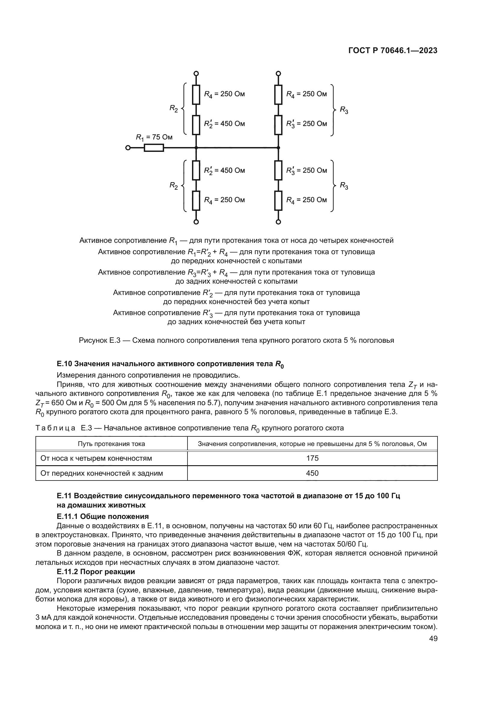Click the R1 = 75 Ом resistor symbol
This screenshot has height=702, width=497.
tap(154, 148)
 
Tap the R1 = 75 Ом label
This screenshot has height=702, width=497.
tap(154, 137)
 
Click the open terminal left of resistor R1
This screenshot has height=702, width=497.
tap(128, 148)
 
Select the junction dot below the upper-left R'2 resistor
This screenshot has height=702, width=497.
tap(196, 148)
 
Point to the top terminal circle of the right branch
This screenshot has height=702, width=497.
tap(278, 73)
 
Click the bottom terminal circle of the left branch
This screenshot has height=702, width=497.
tap(196, 222)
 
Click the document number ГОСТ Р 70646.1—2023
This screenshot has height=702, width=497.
tap(393, 51)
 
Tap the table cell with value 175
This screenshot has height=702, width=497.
tap(312, 458)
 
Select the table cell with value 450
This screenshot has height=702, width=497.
tap(312, 473)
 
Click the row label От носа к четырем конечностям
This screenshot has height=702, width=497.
tap(96, 458)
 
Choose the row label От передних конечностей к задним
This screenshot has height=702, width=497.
tap(102, 473)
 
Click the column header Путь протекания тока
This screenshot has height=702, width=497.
tap(111, 444)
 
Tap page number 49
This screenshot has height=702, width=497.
tap(433, 638)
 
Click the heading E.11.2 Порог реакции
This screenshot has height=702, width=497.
tap(96, 571)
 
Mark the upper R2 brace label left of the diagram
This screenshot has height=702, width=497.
tap(173, 109)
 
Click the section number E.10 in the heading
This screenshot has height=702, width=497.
tap(64, 363)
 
